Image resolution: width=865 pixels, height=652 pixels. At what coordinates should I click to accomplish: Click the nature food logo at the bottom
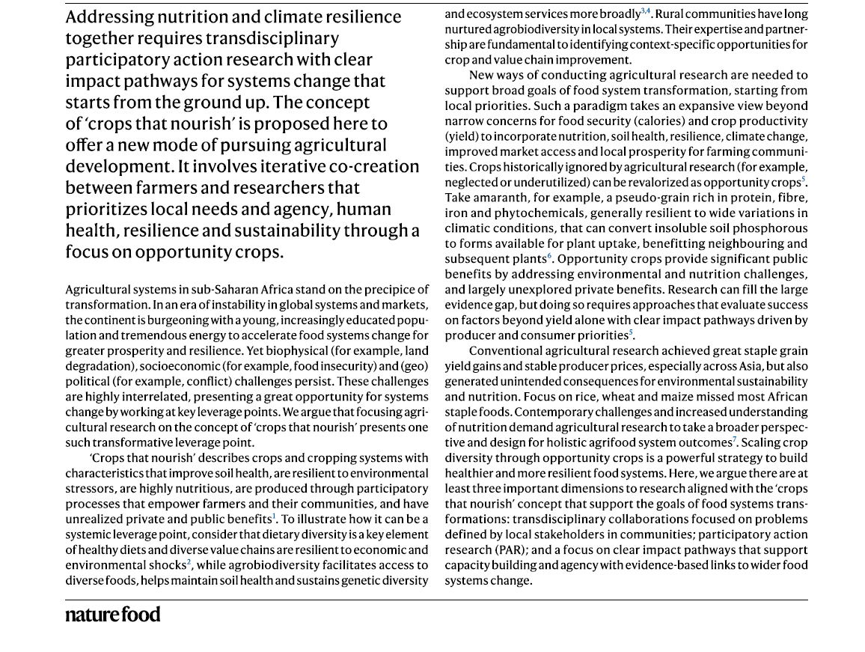112,615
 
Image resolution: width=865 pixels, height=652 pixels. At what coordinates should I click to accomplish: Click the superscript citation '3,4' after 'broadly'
646,11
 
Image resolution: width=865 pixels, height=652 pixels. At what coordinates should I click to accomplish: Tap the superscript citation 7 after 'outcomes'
735,439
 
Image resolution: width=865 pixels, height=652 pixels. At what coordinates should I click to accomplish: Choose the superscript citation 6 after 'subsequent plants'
550,256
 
